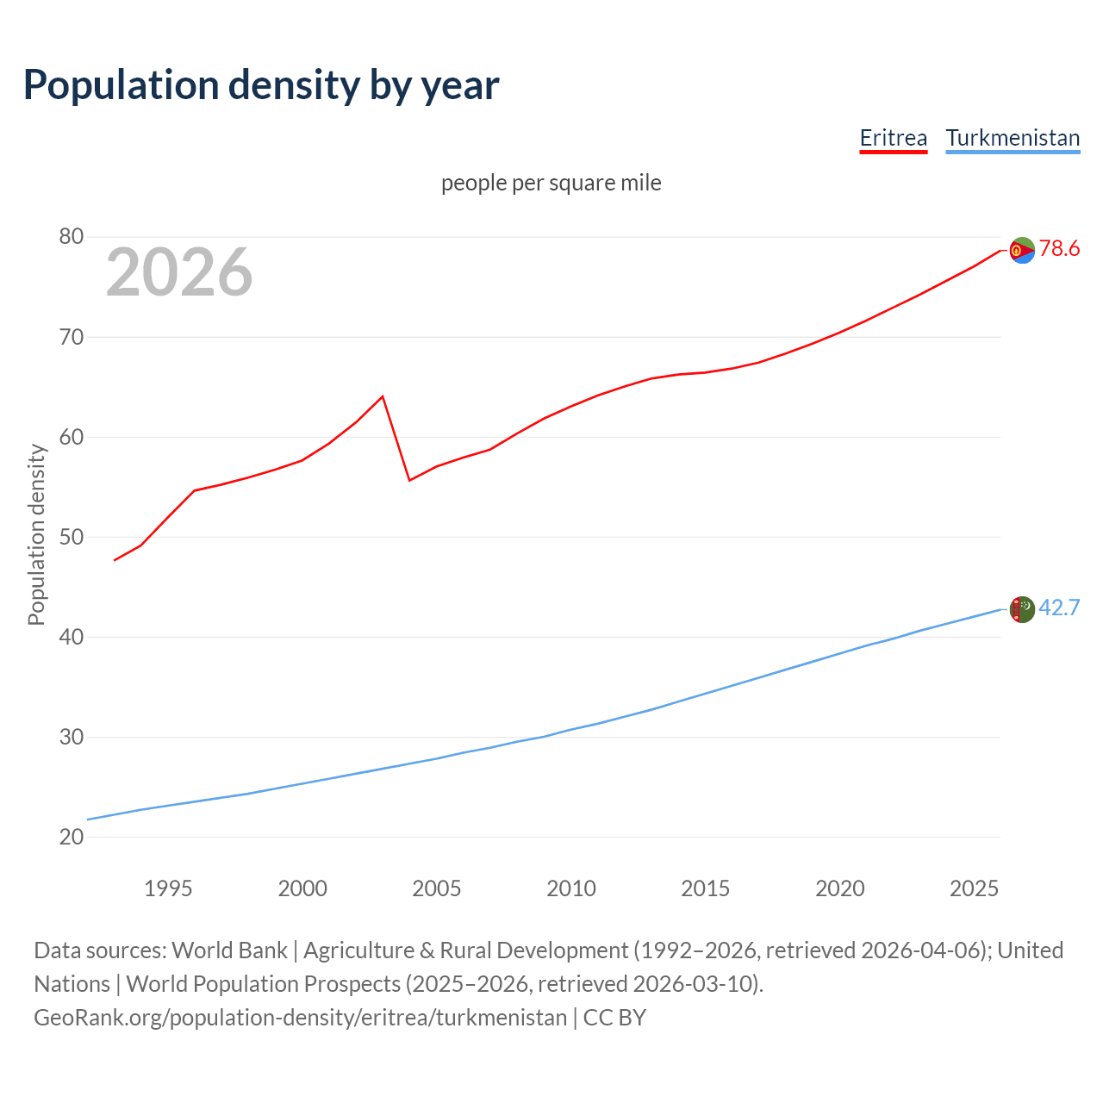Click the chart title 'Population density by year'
[261, 85]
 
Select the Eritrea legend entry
[893, 139]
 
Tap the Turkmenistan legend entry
[1013, 139]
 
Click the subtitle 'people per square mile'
[551, 183]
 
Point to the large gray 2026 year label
[179, 272]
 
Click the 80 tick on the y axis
[72, 237]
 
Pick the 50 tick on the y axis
[72, 537]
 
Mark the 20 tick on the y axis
[72, 837]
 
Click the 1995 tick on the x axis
[168, 888]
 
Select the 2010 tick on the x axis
[571, 888]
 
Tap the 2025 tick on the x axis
[974, 888]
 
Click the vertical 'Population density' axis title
[36, 534]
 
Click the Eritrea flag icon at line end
[1022, 250]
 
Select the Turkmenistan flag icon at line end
[1022, 609]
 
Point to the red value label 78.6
[1059, 249]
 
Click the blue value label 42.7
[1059, 608]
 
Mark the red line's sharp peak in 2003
[382, 396]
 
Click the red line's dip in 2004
[409, 480]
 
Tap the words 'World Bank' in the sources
[229, 950]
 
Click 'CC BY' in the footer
[614, 1018]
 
